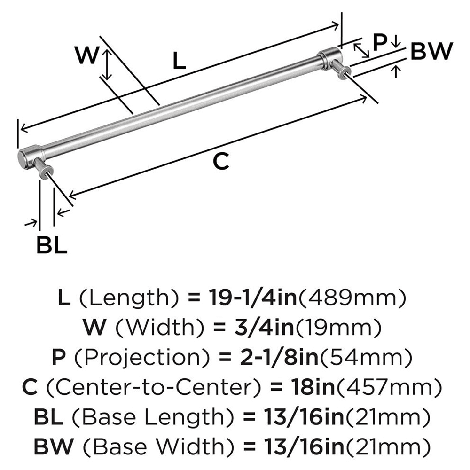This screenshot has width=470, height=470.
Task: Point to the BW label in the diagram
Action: click(431, 51)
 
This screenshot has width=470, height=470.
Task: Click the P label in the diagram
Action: click(379, 42)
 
